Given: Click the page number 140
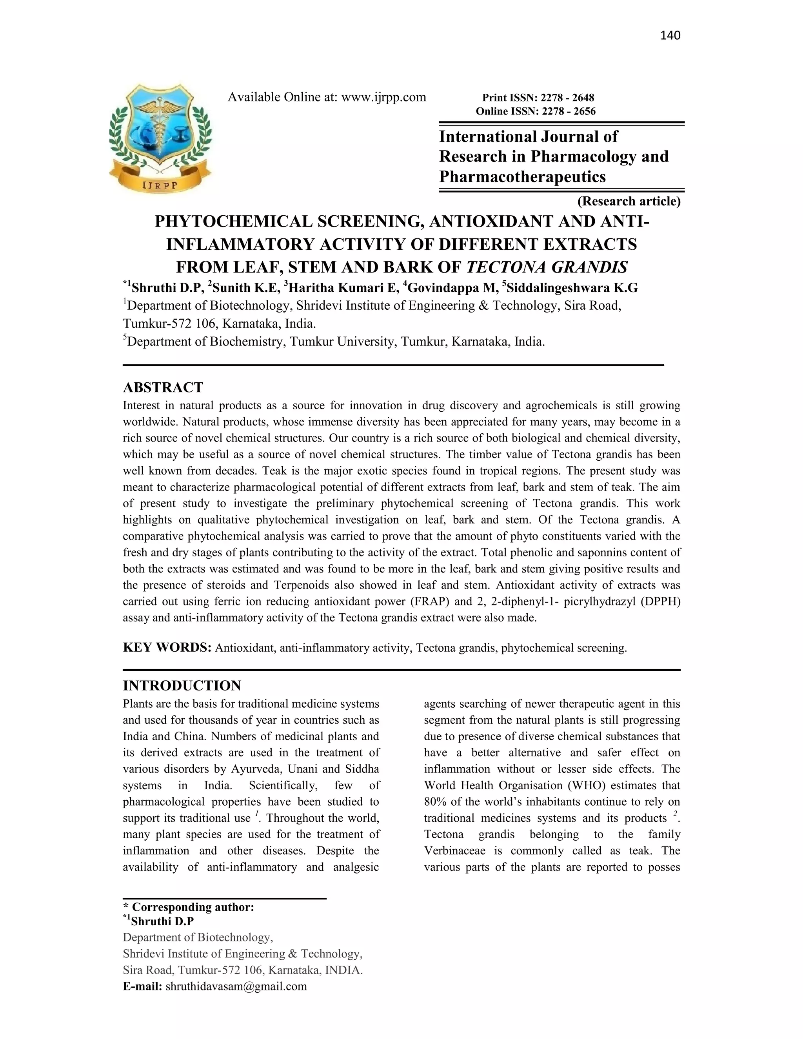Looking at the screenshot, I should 670,36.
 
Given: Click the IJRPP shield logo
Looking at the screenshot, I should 160,138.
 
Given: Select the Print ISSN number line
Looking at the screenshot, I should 538,98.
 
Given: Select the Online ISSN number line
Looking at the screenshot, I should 535,111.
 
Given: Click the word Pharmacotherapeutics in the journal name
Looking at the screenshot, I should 522,177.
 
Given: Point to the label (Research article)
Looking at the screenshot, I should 629,201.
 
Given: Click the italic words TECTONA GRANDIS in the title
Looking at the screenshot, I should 547,267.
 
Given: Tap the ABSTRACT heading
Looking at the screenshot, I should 163,387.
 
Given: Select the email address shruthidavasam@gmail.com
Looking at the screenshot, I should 236,986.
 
